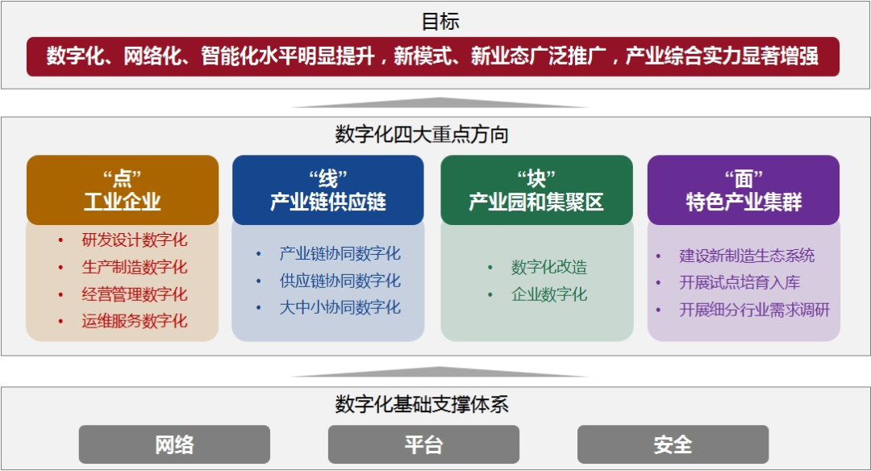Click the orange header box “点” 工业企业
coord(123,190)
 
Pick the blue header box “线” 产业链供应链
coord(328,190)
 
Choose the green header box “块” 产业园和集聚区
coord(536,190)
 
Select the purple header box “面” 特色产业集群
coord(744,190)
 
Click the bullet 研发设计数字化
coord(134,240)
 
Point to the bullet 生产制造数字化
coord(134,267)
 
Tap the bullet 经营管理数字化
coord(134,294)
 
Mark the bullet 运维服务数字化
coord(134,321)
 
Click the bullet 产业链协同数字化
coord(340,253)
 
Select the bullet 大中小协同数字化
coord(340,307)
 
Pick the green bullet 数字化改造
coord(548,267)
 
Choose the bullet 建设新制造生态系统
coord(747,256)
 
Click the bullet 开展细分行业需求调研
coord(754,310)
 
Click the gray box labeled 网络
coord(174,444)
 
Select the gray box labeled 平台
coord(423,444)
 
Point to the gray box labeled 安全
coord(673,444)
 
